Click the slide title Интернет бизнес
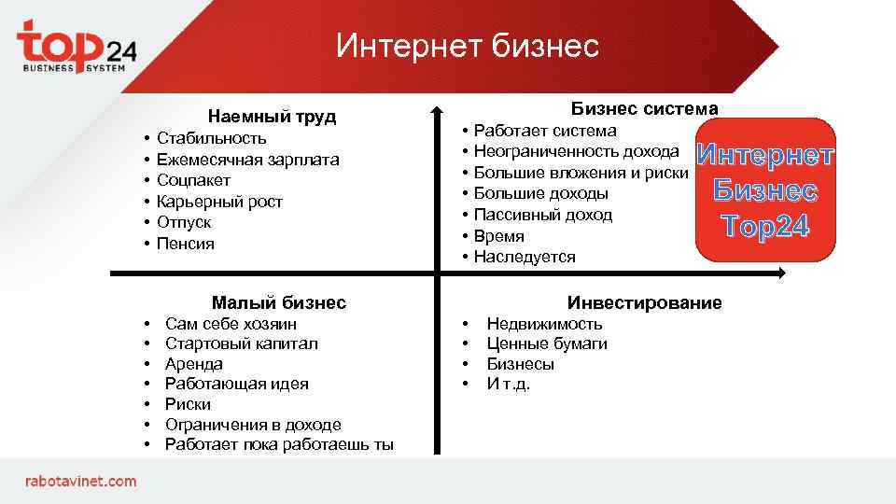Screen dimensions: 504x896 pos(467,45)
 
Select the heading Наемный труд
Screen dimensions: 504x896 pos(272,117)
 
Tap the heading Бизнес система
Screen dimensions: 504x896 pos(644,109)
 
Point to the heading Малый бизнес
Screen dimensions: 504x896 pos(278,302)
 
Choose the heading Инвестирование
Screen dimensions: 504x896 pos(644,302)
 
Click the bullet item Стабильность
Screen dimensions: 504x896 pos(211,139)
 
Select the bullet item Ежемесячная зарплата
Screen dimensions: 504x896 pos(247,160)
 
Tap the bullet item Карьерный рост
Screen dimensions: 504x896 pos(219,202)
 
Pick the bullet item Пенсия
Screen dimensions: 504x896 pos(186,244)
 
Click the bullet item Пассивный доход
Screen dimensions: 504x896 pos(542,215)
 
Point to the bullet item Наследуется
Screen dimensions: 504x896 pos(525,257)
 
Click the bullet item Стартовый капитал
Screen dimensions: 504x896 pos(241,343)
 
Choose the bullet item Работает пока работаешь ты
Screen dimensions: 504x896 pos(279,444)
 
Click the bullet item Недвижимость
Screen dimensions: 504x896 pos(544,324)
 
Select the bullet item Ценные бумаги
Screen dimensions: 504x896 pos(546,343)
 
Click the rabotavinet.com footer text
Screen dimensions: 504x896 pos(80,481)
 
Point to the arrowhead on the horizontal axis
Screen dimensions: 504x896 pos(779,273)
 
